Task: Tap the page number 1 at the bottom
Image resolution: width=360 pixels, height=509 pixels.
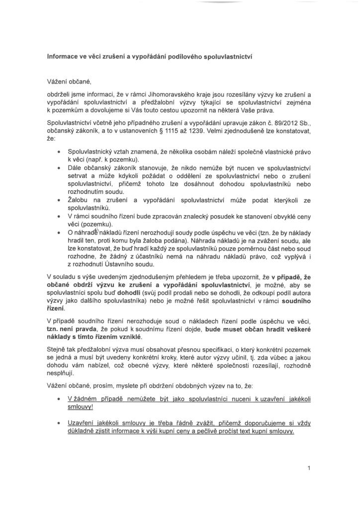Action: point(309,468)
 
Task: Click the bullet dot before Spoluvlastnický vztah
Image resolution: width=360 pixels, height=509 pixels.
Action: point(60,151)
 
